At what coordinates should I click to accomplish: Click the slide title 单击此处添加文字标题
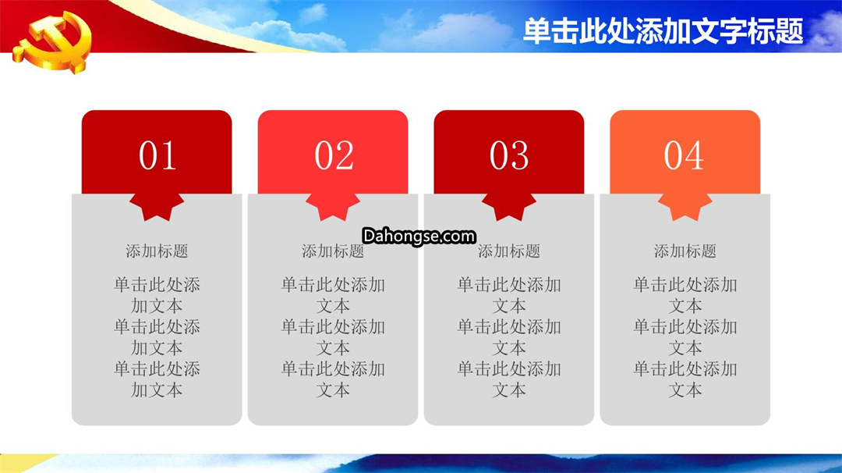click(x=663, y=30)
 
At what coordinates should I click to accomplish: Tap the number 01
click(x=157, y=155)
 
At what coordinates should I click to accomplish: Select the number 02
click(x=334, y=155)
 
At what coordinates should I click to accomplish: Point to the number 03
click(x=509, y=155)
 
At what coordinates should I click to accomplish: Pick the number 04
click(x=684, y=155)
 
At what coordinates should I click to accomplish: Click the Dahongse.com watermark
click(x=419, y=236)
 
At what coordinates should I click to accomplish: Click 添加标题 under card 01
click(x=157, y=251)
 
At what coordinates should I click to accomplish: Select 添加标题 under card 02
click(x=333, y=251)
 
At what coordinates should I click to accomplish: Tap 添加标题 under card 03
click(x=509, y=251)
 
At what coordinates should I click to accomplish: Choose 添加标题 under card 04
click(x=685, y=251)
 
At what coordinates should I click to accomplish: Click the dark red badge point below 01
click(x=157, y=207)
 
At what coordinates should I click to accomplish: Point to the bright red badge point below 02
click(x=333, y=207)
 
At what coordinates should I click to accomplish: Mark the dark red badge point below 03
click(x=509, y=207)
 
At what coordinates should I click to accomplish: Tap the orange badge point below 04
click(x=685, y=207)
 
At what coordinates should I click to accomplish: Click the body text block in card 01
click(x=157, y=337)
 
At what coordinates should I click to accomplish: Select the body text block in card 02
click(x=333, y=337)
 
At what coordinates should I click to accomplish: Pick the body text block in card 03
click(x=509, y=337)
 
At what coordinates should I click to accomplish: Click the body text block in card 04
click(x=685, y=337)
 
